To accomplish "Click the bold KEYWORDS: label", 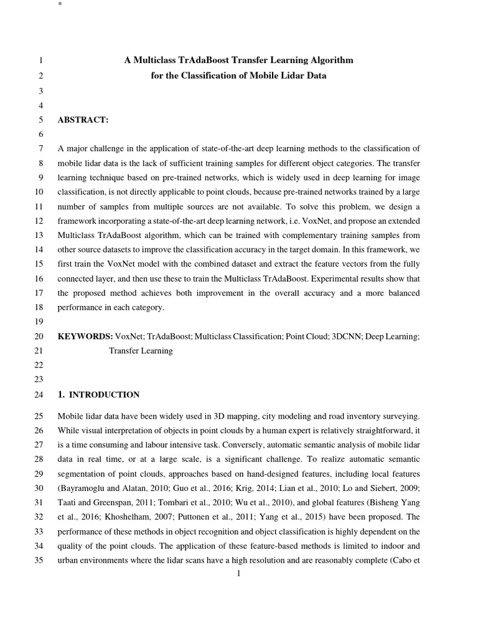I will click(x=85, y=336).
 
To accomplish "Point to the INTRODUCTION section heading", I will click(x=104, y=395).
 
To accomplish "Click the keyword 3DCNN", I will click(x=347, y=336).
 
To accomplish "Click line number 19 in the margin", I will click(x=37, y=322).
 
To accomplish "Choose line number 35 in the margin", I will click(x=37, y=560).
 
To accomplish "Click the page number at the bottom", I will click(x=239, y=573).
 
